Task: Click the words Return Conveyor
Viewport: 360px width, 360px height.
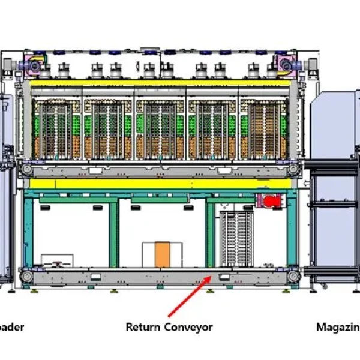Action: point(169,328)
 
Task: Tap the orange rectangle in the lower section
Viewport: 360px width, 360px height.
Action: point(162,255)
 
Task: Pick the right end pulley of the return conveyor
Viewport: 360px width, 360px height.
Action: point(293,276)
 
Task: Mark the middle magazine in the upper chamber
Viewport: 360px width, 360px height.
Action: point(160,130)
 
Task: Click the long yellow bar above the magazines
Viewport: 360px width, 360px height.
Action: point(160,83)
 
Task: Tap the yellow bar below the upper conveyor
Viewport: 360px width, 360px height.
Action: point(160,182)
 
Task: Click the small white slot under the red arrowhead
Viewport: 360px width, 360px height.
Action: point(224,277)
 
